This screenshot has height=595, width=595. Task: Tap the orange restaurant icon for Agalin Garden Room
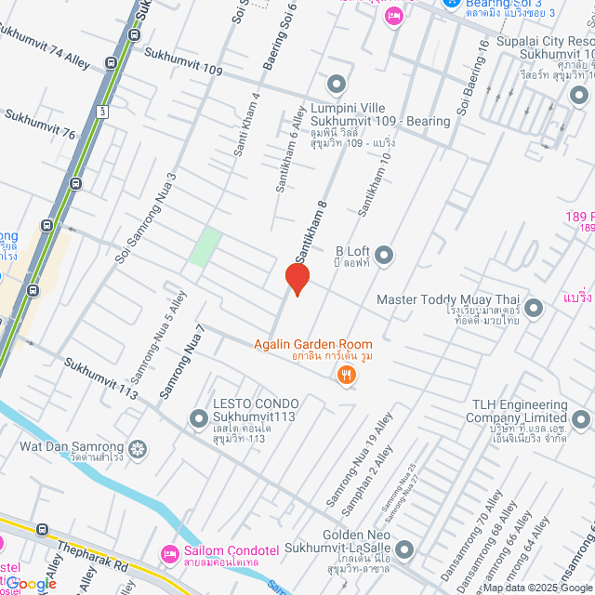347,376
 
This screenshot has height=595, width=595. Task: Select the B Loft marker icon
383,255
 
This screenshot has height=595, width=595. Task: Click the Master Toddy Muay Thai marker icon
533,307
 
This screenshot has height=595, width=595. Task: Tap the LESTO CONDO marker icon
198,419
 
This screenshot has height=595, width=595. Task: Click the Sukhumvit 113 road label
99,376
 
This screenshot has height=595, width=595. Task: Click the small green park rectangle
205,246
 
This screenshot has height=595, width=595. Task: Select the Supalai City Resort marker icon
579,95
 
